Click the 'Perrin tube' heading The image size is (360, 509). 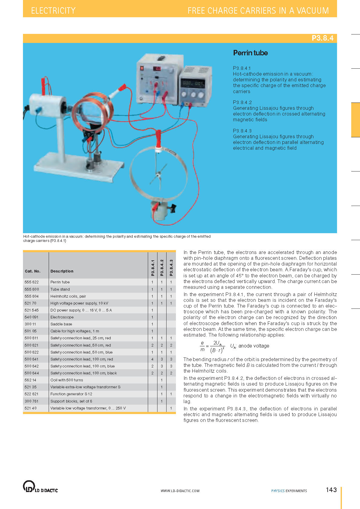250,53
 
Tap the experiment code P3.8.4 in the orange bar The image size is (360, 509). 322,38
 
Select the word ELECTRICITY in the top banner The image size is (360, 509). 53,11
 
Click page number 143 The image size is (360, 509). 331,490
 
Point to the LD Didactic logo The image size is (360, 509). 40,487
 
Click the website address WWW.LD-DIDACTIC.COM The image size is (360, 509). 180,491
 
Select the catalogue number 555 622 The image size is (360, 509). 32,282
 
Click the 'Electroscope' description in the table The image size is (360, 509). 62,317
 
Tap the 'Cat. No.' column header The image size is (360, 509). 33,271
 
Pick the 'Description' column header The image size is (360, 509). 62,271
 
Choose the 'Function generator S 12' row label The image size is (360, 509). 71,394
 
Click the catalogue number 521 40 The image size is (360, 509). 31,408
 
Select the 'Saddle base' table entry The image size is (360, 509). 61,324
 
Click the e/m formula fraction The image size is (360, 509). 212,346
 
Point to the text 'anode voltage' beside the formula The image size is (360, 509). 254,346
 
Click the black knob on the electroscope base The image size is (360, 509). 173,208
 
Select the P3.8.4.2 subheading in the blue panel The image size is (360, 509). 242,103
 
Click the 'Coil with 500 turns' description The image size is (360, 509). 67,380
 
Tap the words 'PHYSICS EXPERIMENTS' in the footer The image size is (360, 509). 289,491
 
